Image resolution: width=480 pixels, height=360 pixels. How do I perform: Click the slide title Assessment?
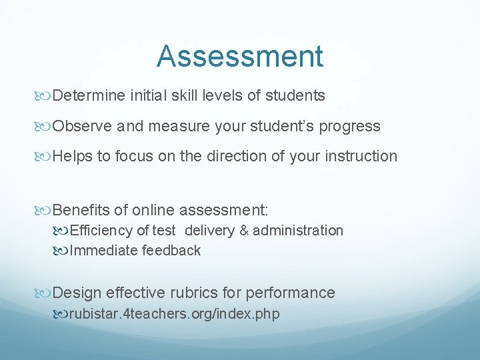click(240, 57)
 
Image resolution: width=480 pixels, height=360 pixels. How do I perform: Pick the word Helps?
click(71, 157)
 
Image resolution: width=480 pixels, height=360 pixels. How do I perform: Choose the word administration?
click(298, 231)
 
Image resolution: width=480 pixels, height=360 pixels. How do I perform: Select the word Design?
click(77, 293)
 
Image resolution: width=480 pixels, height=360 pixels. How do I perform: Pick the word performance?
click(291, 293)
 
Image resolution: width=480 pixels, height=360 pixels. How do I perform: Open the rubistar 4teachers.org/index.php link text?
click(174, 314)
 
